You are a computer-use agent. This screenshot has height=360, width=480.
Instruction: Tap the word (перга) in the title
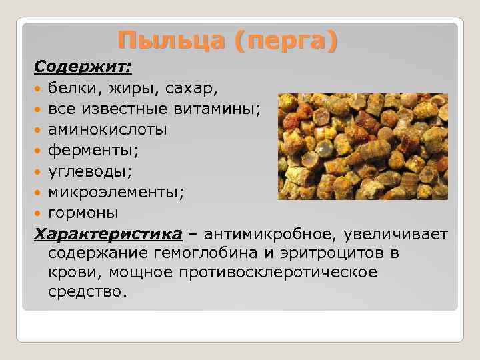click(286, 41)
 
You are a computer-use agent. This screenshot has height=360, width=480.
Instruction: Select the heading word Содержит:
click(83, 67)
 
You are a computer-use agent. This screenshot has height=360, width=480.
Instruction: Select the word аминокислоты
click(107, 129)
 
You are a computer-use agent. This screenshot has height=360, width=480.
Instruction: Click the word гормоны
click(83, 213)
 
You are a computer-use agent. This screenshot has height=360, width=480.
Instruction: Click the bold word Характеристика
click(107, 235)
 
